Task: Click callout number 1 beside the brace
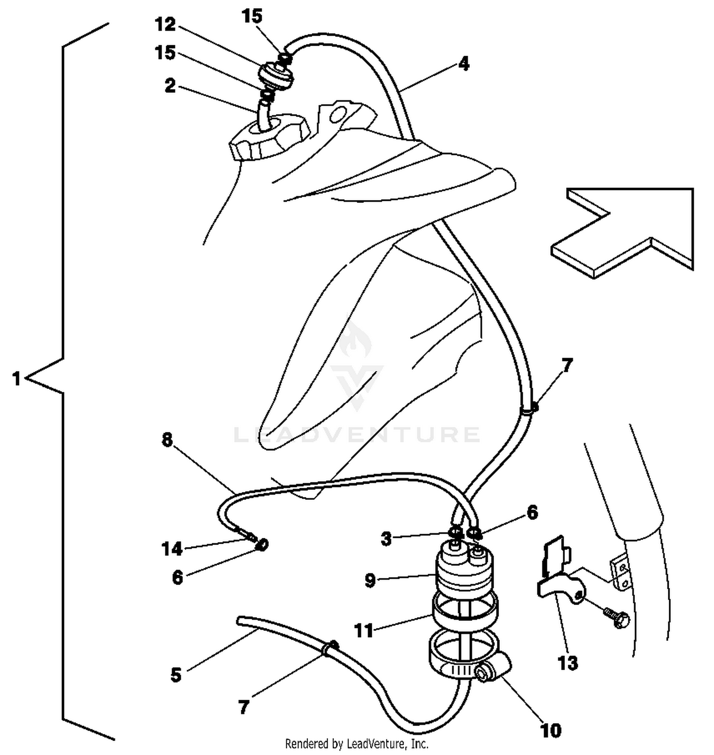17,379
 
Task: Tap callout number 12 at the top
165,24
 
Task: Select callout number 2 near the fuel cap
170,86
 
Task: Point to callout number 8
167,440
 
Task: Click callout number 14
172,549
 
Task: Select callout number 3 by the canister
386,539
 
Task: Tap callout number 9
370,580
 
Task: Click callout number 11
364,631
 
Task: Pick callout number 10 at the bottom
551,730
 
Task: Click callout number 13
567,663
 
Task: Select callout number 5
176,675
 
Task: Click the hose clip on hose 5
330,648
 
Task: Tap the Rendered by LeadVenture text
357,743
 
